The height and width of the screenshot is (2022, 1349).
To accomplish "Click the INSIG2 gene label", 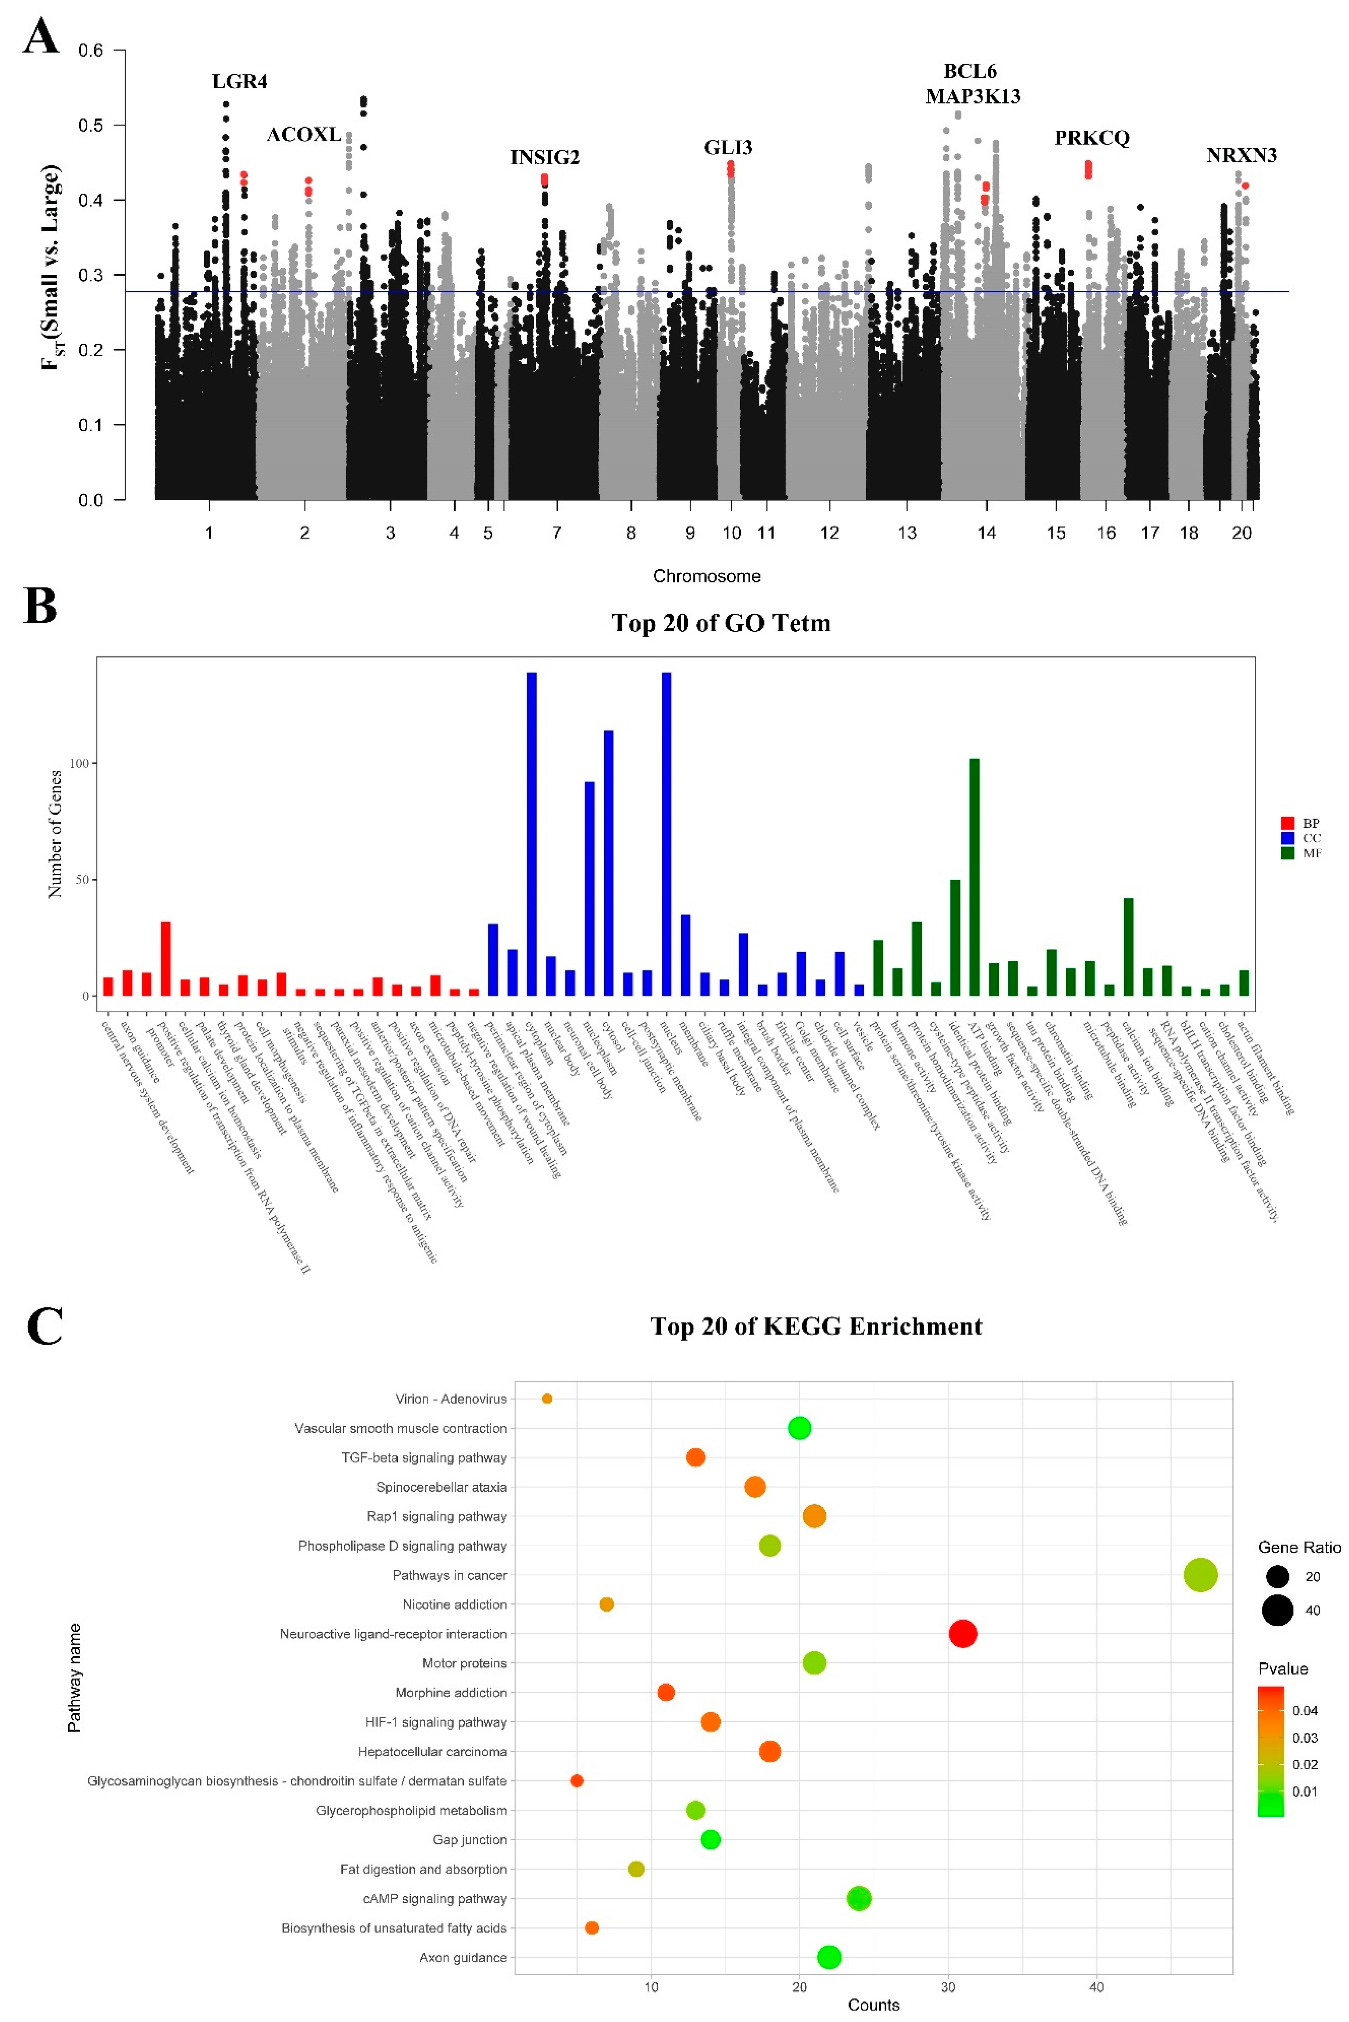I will pos(545,158).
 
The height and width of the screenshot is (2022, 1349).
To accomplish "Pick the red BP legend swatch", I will pos(1287,823).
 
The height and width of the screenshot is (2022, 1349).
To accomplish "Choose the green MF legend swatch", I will pos(1287,853).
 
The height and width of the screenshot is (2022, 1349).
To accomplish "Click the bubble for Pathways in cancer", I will pos(1200,1575).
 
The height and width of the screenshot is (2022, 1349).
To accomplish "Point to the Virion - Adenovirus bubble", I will pos(547,1398).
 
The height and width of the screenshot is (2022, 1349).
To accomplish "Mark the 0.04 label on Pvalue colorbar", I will pos(1304,1710).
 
